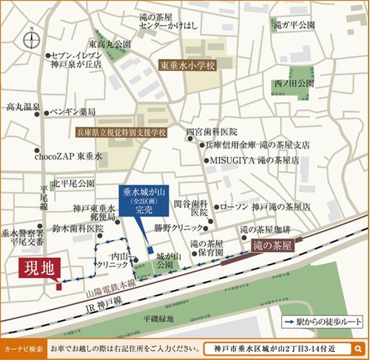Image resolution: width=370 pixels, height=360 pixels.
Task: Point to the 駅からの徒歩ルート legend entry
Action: click(323, 323)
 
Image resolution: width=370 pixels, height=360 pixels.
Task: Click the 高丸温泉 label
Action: click(22, 107)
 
